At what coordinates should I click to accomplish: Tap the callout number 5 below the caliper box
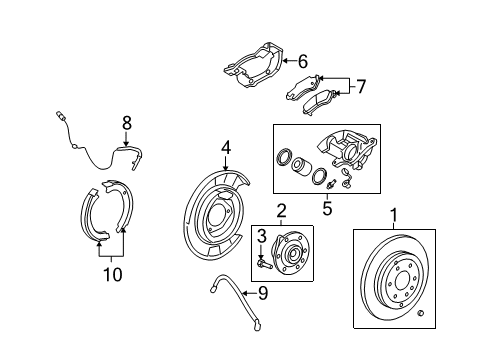327,209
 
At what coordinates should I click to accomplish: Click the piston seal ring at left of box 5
284,158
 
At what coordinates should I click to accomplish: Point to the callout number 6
302,61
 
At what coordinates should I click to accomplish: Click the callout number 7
361,87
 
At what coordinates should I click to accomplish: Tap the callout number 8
126,123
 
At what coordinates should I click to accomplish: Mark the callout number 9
262,294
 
